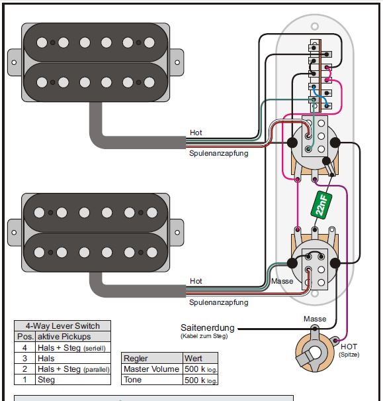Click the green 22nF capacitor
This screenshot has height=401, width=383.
click(x=321, y=205)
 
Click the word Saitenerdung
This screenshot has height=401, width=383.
click(x=208, y=327)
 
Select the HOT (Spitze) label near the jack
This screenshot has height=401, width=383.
click(x=349, y=350)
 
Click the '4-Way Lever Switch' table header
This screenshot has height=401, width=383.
click(x=63, y=326)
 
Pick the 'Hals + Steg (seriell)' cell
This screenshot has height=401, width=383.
click(x=73, y=347)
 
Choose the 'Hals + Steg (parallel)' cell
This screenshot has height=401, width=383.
click(x=73, y=369)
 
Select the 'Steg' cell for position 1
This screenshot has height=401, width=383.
click(x=73, y=380)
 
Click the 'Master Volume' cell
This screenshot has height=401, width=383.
click(x=152, y=369)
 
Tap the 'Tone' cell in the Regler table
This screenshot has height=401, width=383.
click(x=152, y=380)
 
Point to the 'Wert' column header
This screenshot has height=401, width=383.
click(x=200, y=358)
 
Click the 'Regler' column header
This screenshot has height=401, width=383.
click(x=152, y=358)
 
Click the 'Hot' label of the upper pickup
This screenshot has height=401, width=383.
click(x=196, y=133)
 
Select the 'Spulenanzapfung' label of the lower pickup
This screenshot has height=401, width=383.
click(x=219, y=302)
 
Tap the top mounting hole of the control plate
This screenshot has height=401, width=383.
click(x=315, y=26)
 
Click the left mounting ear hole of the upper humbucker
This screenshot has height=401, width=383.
click(x=14, y=62)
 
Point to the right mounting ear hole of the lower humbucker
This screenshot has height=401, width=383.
click(x=177, y=233)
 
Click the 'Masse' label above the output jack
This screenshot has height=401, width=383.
click(x=315, y=319)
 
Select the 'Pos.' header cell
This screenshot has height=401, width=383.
click(x=25, y=337)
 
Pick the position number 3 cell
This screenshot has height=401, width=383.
click(x=24, y=359)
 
